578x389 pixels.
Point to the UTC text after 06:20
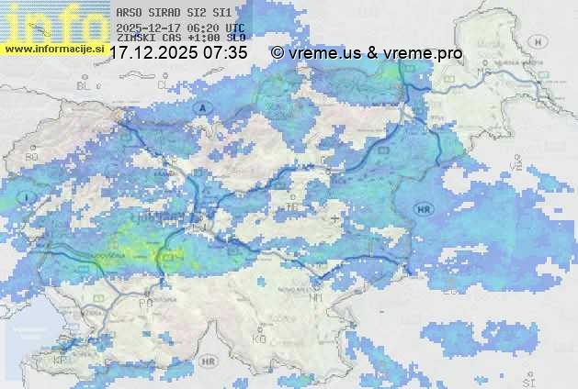pyautogui.click(x=233, y=28)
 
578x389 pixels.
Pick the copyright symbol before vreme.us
pyautogui.click(x=277, y=53)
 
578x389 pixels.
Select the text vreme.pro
pyautogui.click(x=425, y=53)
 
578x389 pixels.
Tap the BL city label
pyautogui.click(x=86, y=85)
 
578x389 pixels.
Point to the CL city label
pyautogui.click(x=164, y=84)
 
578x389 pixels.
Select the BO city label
pyautogui.click(x=32, y=157)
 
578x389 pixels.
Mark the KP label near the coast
pyautogui.click(x=61, y=361)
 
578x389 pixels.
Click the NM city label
pyautogui.click(x=317, y=298)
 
